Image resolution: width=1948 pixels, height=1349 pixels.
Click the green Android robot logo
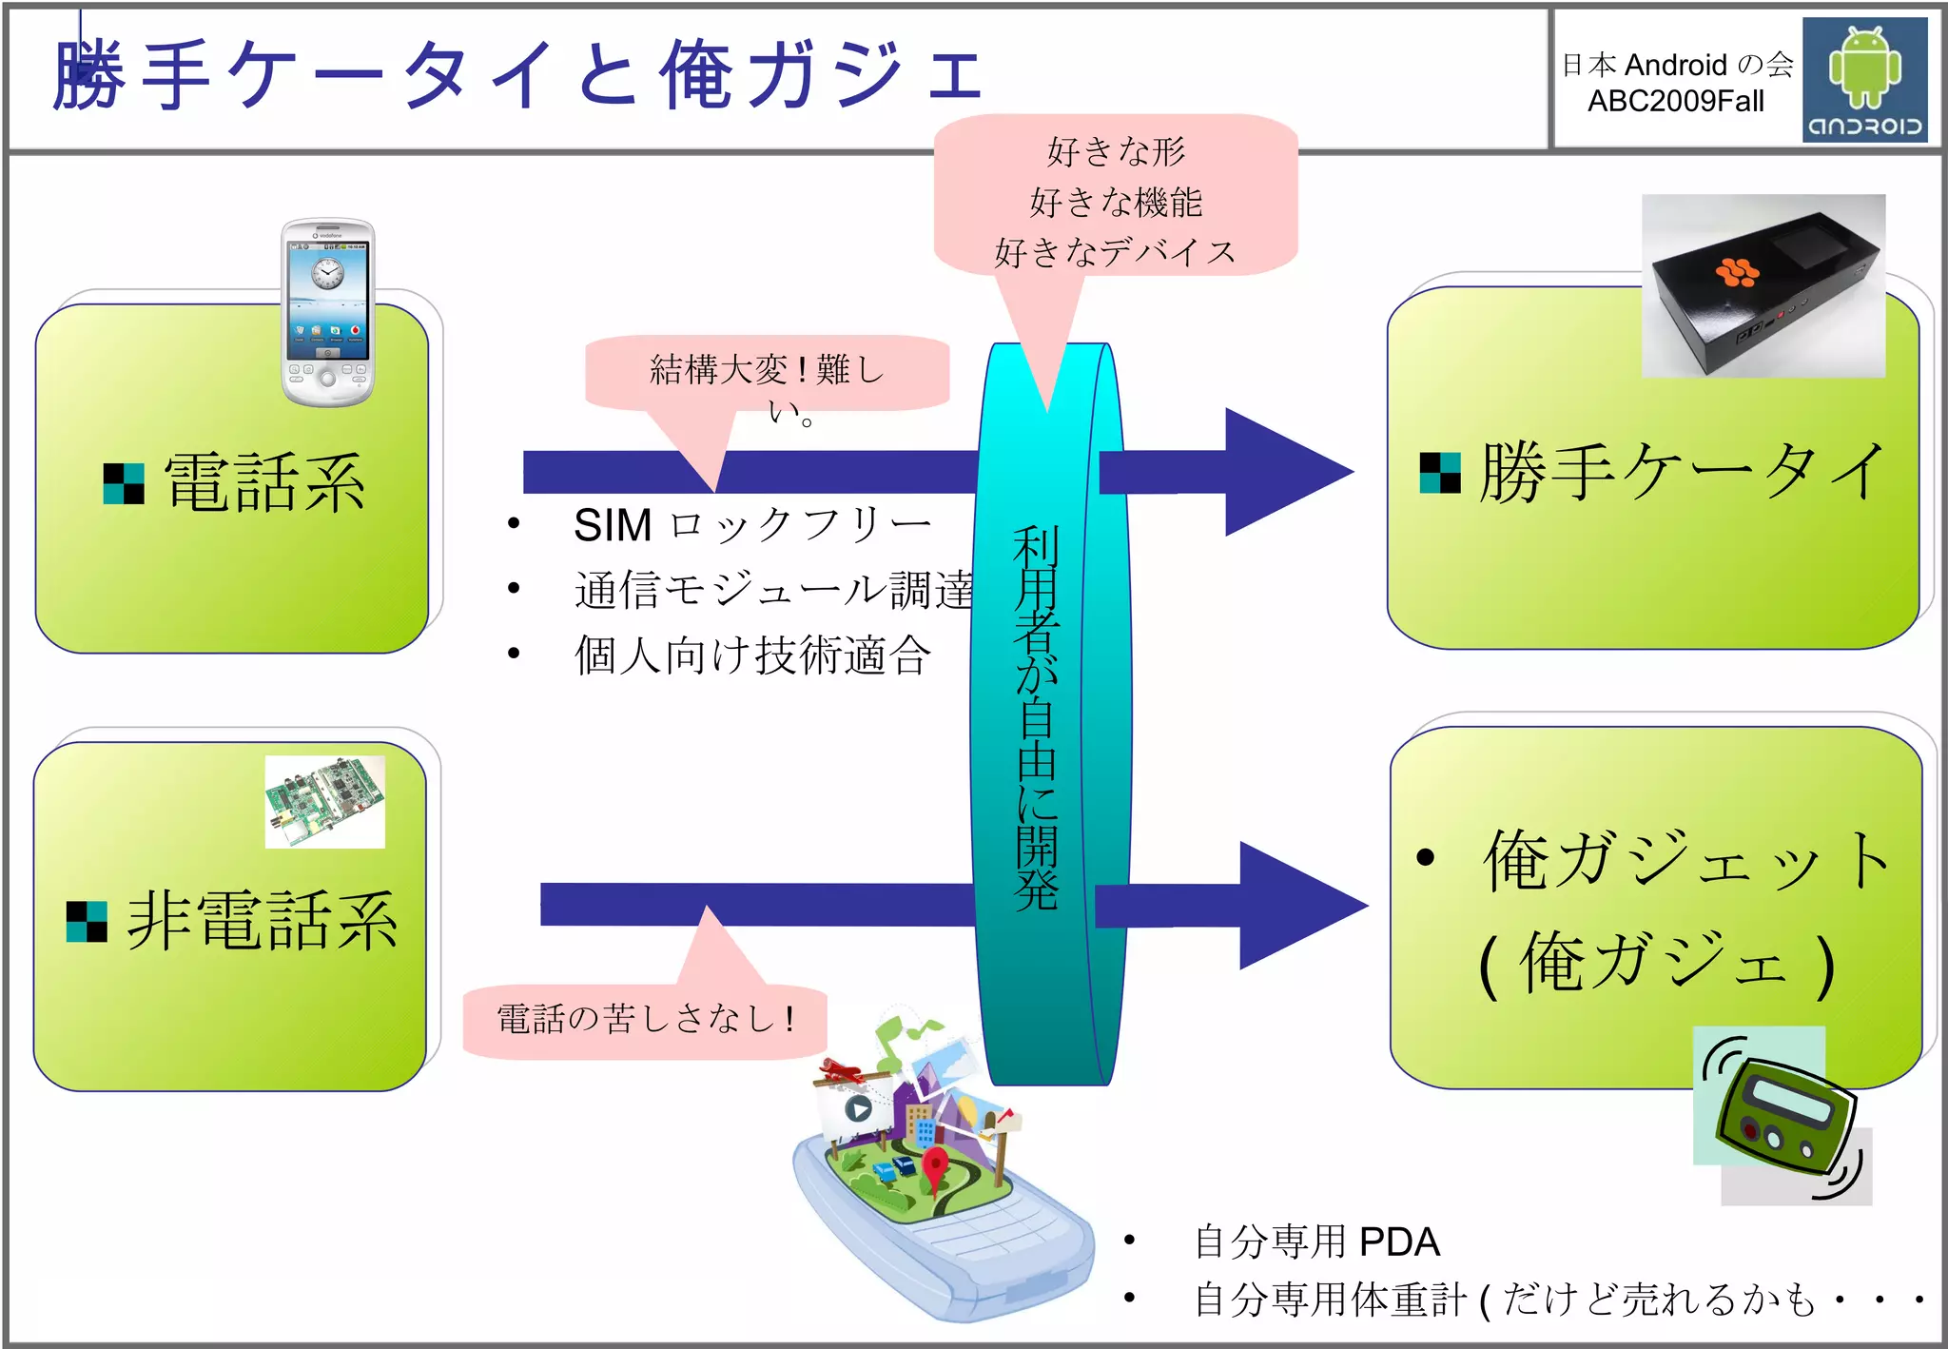tap(1864, 67)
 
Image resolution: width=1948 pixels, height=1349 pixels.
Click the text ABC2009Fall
tap(1675, 101)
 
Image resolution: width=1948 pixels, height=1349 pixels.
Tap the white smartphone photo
tap(327, 312)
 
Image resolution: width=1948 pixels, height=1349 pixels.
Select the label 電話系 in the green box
tap(264, 483)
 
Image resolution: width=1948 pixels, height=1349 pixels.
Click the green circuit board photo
tap(324, 801)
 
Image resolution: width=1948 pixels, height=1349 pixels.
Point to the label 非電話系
tap(263, 921)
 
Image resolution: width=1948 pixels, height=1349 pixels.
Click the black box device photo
tap(1763, 285)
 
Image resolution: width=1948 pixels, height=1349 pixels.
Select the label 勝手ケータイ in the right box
tap(1682, 472)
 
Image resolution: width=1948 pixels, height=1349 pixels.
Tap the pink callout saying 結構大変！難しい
tap(767, 373)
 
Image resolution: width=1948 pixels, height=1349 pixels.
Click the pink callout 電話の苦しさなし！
tap(645, 1020)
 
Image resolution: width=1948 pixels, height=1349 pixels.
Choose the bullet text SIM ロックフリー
tap(751, 525)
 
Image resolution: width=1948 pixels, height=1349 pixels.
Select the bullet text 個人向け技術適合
tap(751, 655)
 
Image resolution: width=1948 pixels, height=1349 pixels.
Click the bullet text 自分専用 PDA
tap(1316, 1241)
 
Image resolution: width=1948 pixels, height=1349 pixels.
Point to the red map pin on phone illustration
tap(936, 1165)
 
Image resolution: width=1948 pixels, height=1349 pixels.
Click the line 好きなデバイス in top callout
tap(1115, 252)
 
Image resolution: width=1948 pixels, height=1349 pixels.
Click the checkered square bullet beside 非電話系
tap(87, 921)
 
